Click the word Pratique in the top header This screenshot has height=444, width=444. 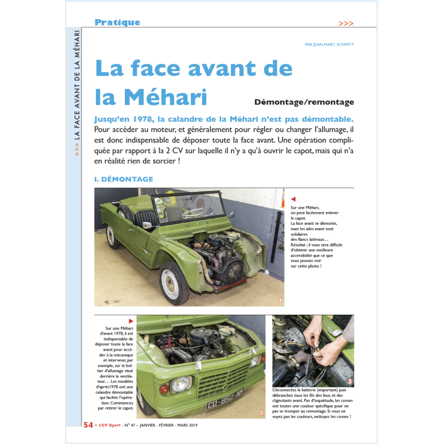(x=117, y=23)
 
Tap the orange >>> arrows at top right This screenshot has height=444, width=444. (x=346, y=23)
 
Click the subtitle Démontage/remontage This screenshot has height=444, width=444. (x=304, y=102)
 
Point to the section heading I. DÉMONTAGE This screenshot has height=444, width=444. (x=124, y=179)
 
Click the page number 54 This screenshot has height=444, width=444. (x=88, y=426)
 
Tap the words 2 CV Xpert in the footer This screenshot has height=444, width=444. (x=109, y=426)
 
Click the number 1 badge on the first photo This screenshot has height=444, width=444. (x=281, y=301)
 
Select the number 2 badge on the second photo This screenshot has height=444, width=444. (x=261, y=413)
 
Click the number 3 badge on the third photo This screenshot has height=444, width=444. (x=349, y=381)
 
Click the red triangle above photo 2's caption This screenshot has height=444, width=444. (x=131, y=321)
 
